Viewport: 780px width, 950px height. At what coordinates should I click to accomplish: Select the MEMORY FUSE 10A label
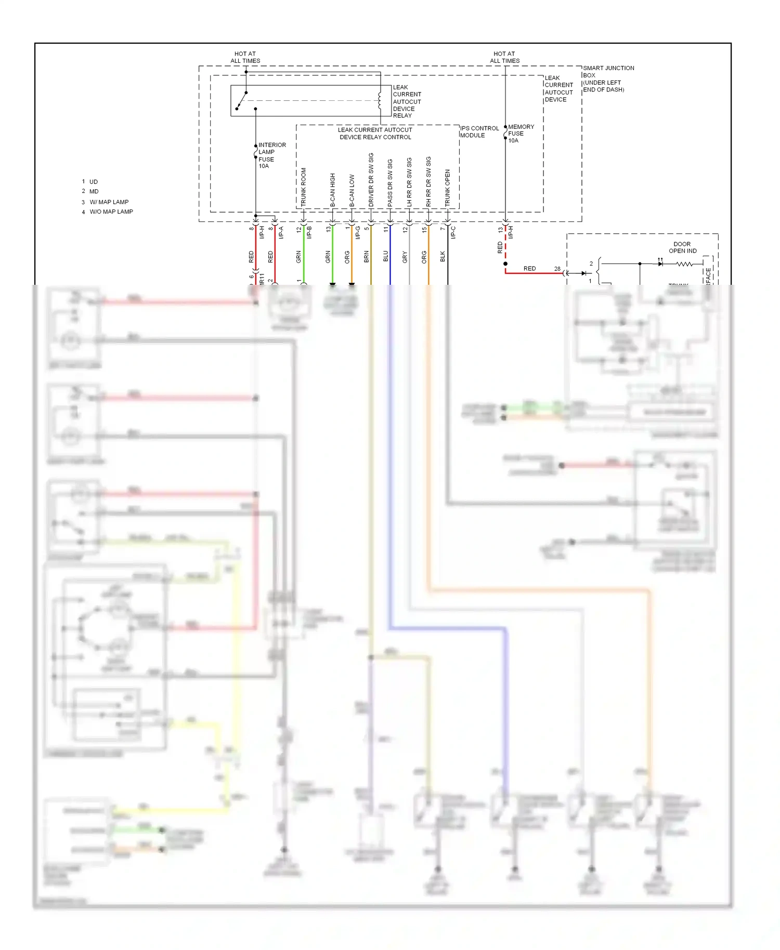(x=519, y=134)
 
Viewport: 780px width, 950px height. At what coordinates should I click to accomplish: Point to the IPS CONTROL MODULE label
(x=479, y=131)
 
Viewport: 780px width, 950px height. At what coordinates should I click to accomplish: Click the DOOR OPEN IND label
(x=682, y=247)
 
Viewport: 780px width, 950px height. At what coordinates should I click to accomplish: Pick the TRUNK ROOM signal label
(x=304, y=187)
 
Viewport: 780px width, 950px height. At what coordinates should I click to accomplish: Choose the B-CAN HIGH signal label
(x=333, y=190)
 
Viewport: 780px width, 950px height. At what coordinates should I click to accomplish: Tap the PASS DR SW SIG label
(x=390, y=182)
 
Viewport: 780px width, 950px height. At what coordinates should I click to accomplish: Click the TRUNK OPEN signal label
(x=448, y=188)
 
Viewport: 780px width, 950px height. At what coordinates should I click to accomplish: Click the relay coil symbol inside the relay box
(x=380, y=100)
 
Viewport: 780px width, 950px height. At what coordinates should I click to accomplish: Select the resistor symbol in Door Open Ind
(x=684, y=264)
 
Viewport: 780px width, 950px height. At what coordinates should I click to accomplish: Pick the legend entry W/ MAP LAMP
(x=109, y=202)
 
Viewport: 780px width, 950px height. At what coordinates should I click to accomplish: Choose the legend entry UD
(x=93, y=182)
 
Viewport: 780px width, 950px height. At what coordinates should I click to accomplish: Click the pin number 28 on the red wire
(x=557, y=269)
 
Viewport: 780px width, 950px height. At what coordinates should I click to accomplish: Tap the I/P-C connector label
(x=453, y=232)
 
